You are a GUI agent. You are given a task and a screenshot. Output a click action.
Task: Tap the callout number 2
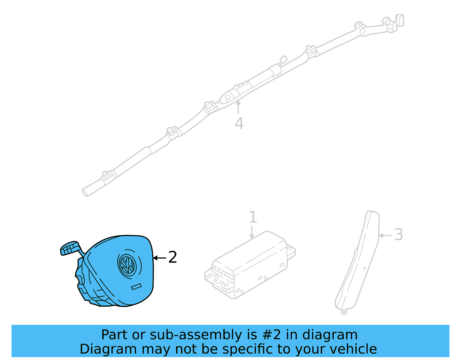[172, 257]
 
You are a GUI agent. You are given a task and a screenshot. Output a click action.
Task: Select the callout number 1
[252, 217]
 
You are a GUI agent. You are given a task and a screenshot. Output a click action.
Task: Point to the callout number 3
[398, 235]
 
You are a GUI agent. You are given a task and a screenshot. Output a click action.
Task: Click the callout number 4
[239, 123]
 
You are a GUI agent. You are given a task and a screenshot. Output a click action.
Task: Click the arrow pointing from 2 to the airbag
[159, 258]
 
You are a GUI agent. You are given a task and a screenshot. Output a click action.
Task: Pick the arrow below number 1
[252, 233]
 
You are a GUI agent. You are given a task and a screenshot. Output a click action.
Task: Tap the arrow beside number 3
[385, 235]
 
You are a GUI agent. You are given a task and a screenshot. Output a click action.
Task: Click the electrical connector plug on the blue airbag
[69, 248]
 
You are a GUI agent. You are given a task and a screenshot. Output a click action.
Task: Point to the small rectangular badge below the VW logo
[136, 287]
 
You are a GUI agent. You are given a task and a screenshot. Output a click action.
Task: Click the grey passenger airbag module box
[249, 265]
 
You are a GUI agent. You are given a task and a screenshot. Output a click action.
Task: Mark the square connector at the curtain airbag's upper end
[400, 20]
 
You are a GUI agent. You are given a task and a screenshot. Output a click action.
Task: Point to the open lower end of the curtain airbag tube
[86, 192]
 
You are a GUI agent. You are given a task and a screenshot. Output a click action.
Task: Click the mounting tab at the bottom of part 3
[344, 312]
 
